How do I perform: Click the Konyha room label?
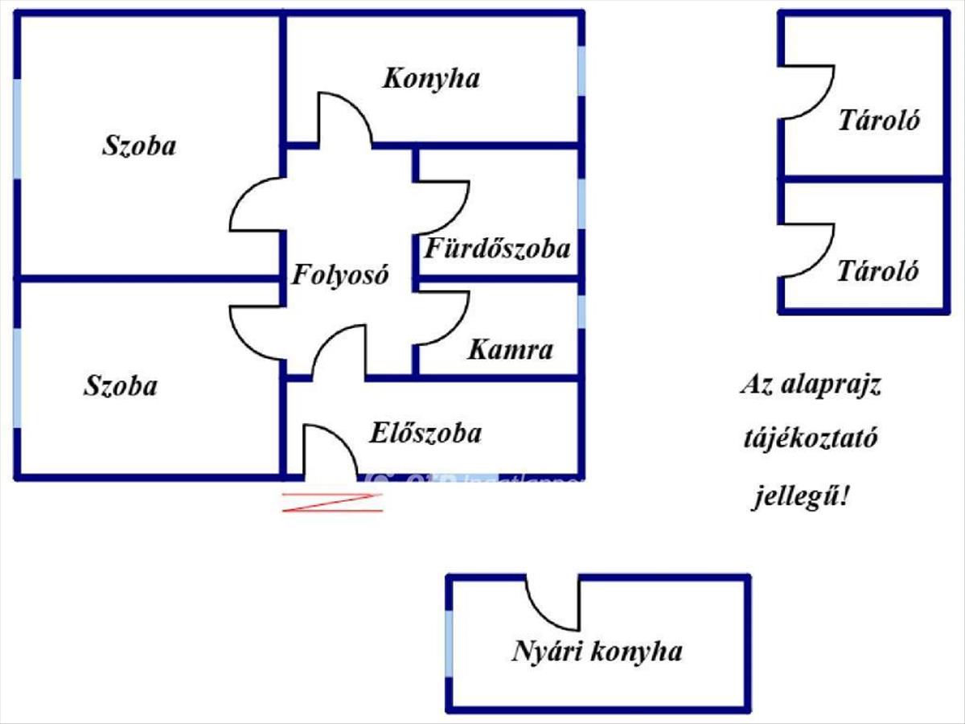pyautogui.click(x=431, y=79)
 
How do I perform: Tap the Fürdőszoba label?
pyautogui.click(x=497, y=247)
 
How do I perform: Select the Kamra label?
pyautogui.click(x=511, y=350)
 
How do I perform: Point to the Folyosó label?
pyautogui.click(x=340, y=276)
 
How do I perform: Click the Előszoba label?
pyautogui.click(x=425, y=433)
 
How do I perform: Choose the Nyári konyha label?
pyautogui.click(x=597, y=651)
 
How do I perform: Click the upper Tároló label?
pyautogui.click(x=879, y=121)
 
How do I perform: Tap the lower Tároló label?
pyautogui.click(x=877, y=270)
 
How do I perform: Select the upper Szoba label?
pyautogui.click(x=139, y=146)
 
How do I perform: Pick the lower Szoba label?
pyautogui.click(x=121, y=386)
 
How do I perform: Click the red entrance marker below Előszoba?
pyautogui.click(x=332, y=502)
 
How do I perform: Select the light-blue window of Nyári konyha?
pyautogui.click(x=450, y=644)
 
